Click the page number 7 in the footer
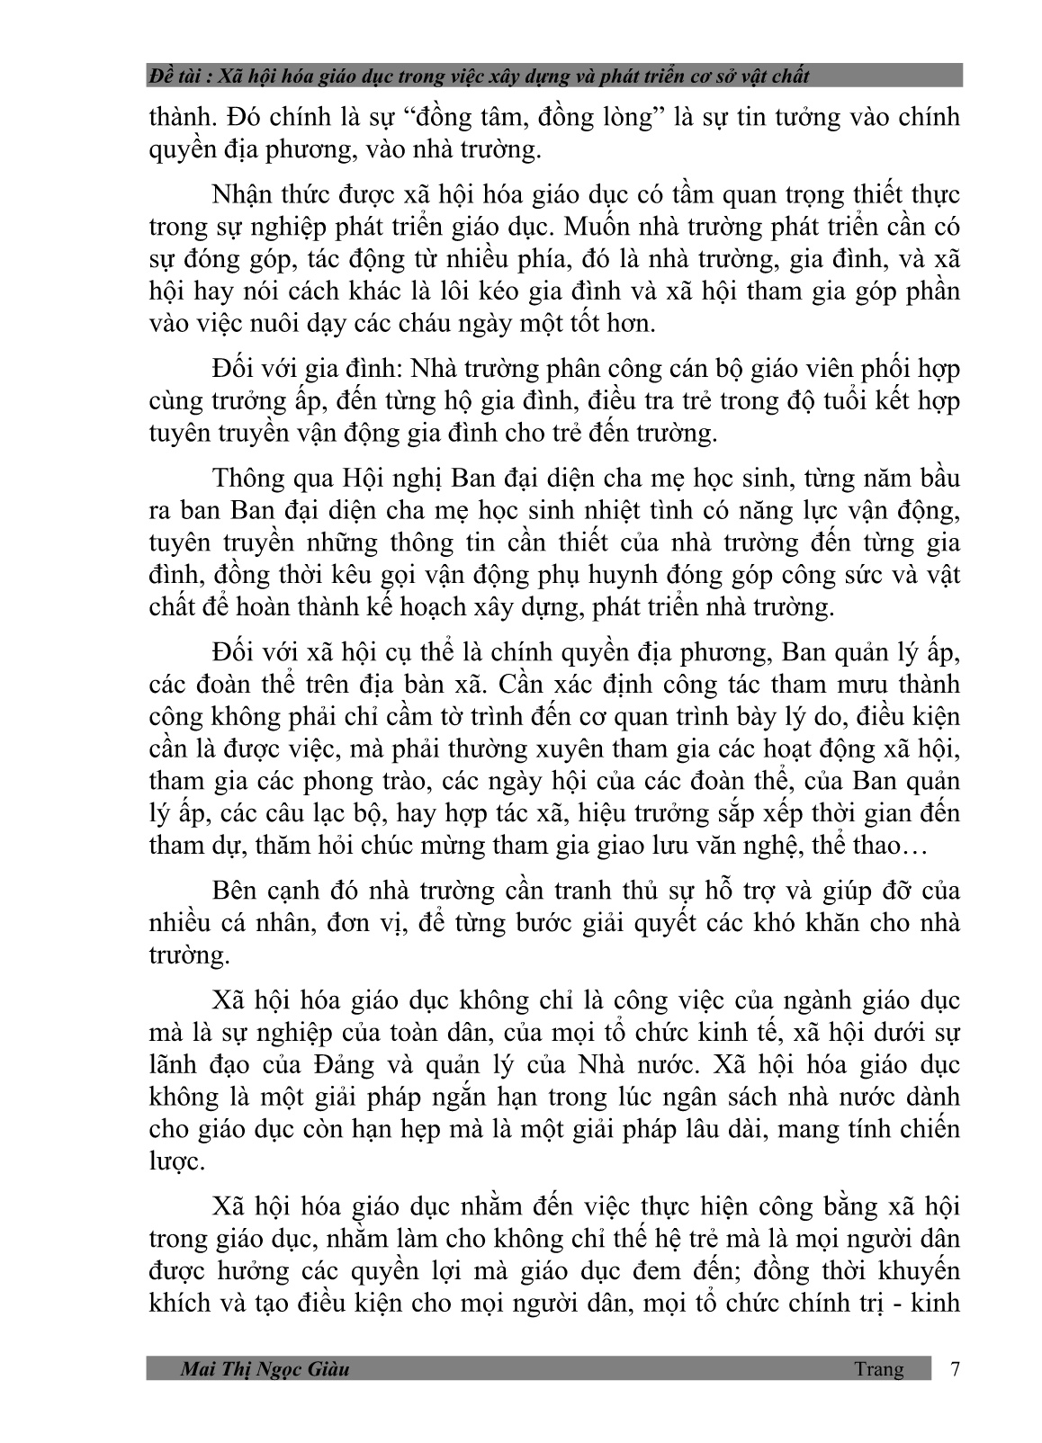point(955,1368)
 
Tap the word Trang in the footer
point(879,1368)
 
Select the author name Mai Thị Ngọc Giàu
point(265,1369)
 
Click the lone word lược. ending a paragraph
point(177,1161)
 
